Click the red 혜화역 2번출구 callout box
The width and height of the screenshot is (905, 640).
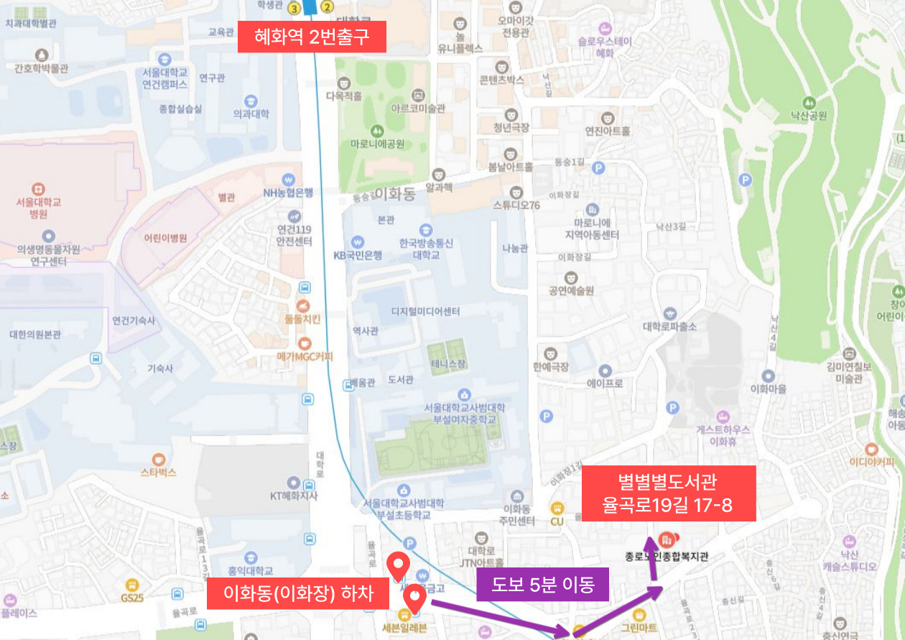tap(312, 37)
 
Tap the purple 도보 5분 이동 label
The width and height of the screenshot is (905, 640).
tap(542, 585)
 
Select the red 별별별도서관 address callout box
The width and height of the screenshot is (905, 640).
tap(668, 493)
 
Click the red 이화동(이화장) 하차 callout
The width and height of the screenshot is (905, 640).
tap(298, 594)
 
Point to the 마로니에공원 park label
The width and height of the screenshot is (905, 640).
tap(377, 144)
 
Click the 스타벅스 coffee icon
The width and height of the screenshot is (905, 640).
tap(159, 459)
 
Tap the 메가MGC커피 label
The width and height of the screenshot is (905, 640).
tap(305, 356)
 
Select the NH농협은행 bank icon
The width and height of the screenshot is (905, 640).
tap(288, 179)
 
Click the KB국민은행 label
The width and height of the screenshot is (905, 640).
tap(358, 255)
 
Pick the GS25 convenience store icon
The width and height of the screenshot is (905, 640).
tap(131, 585)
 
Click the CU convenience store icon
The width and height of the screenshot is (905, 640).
tap(557, 507)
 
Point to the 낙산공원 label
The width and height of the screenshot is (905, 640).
tap(809, 116)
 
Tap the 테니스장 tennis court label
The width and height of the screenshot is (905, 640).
tap(448, 364)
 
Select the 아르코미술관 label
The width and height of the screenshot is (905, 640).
tap(418, 108)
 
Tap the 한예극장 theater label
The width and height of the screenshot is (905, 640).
tap(551, 366)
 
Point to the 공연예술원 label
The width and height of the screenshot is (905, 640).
tap(571, 291)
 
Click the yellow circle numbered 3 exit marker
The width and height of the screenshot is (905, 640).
tap(293, 8)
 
